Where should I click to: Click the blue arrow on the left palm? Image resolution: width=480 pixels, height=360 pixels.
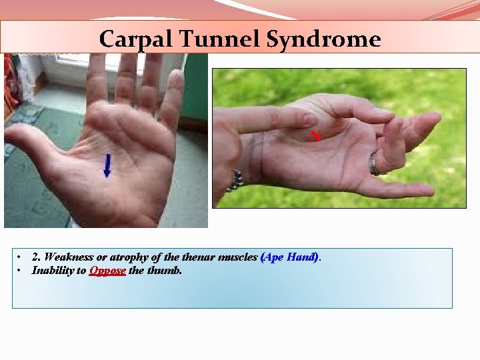tap(107, 165)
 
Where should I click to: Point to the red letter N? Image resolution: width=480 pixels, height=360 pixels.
tap(316, 136)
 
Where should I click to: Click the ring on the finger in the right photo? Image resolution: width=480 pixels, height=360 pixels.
tap(375, 164)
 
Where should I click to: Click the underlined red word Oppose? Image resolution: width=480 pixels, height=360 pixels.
tap(107, 271)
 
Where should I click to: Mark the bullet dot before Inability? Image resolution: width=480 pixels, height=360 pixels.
tap(21, 271)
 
